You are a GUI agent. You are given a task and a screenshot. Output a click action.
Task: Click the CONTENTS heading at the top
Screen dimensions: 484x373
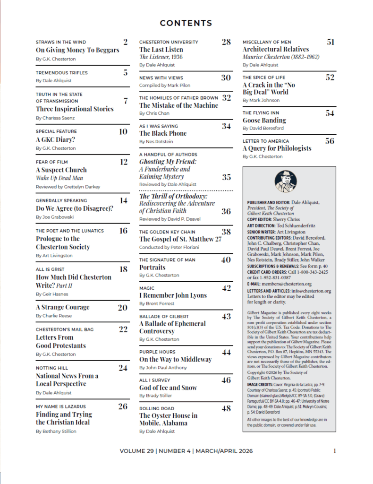[186, 23]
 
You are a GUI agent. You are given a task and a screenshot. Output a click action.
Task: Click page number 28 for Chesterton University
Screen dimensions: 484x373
[226, 42]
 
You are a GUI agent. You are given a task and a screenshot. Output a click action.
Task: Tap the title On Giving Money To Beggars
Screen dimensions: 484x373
[77, 50]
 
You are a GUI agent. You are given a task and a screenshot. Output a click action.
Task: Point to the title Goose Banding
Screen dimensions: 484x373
[264, 121]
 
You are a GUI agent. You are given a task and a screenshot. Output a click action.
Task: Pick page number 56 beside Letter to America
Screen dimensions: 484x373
[330, 140]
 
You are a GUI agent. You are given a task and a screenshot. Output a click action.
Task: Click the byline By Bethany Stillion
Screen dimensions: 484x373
[56, 431]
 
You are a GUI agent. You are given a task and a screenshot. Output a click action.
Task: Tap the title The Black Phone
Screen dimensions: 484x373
[163, 133]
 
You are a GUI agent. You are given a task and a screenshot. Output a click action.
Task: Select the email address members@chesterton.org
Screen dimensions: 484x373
[288, 284]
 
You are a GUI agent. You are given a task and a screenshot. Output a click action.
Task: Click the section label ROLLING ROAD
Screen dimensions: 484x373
[157, 408]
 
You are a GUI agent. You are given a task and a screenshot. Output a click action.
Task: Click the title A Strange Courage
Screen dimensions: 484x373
[63, 307]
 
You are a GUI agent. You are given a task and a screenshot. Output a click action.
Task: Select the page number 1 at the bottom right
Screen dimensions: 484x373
[335, 451]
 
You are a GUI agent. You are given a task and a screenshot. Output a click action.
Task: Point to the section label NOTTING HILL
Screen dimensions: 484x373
[52, 367]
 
